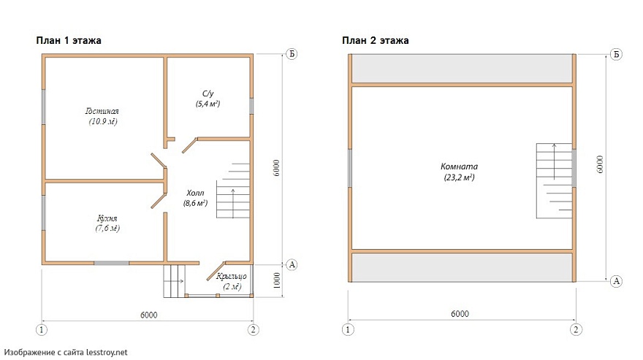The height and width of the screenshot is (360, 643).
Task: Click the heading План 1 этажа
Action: point(69,41)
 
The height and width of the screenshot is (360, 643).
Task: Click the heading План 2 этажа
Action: point(376,41)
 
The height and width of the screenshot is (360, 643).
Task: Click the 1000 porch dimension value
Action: point(277,280)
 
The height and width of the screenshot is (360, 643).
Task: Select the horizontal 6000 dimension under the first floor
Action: point(149,315)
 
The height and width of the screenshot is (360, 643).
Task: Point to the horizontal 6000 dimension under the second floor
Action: point(460,314)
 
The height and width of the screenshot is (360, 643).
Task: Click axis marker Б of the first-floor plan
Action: point(292,54)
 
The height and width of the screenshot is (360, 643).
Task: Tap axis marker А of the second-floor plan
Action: point(616,281)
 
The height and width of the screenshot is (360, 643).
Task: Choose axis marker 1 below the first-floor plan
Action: point(42,329)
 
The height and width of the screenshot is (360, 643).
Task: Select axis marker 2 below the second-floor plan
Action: point(576,329)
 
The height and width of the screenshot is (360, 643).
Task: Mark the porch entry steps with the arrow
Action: point(174,281)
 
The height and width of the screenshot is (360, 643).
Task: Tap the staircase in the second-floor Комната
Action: point(554,180)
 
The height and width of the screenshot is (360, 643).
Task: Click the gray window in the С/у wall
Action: point(251,106)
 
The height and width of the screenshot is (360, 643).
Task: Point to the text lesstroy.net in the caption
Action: point(107,352)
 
